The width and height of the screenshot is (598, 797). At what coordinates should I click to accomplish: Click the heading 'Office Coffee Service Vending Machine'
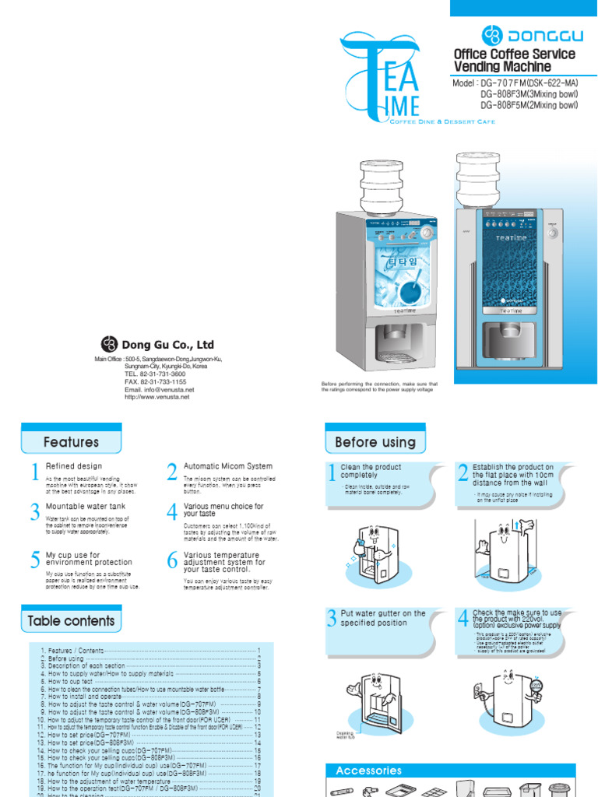click(514, 60)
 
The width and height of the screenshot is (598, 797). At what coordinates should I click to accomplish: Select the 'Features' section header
click(71, 442)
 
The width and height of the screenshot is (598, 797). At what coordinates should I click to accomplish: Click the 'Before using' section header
click(375, 442)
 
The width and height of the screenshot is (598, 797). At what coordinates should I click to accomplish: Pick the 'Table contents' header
click(71, 621)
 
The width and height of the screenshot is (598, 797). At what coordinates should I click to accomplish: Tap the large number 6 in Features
click(171, 560)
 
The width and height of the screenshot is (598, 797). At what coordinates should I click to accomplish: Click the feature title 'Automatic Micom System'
click(227, 466)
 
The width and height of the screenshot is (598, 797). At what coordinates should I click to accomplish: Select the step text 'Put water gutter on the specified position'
click(382, 618)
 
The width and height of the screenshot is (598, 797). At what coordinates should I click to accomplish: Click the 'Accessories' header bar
click(368, 771)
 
